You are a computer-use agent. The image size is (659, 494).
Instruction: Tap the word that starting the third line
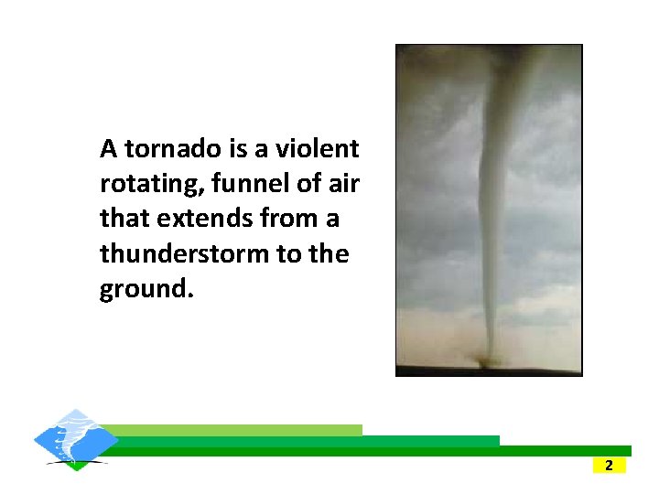(124, 219)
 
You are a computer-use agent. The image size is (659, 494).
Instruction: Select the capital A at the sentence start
(109, 148)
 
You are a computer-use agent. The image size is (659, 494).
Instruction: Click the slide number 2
(609, 466)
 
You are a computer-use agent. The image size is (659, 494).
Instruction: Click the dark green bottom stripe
(366, 451)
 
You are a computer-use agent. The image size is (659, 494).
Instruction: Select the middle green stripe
(302, 440)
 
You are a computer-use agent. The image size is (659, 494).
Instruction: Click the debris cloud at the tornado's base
(482, 362)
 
